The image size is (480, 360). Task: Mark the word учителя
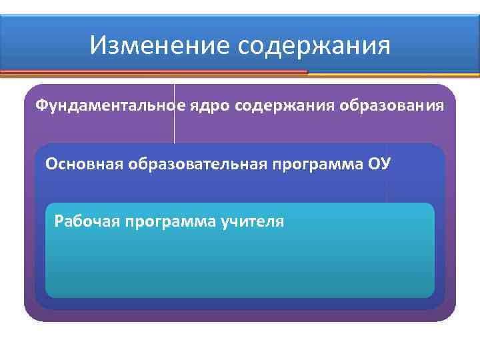252,221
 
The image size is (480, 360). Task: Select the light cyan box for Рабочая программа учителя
240,267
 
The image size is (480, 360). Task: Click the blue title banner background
433,40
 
